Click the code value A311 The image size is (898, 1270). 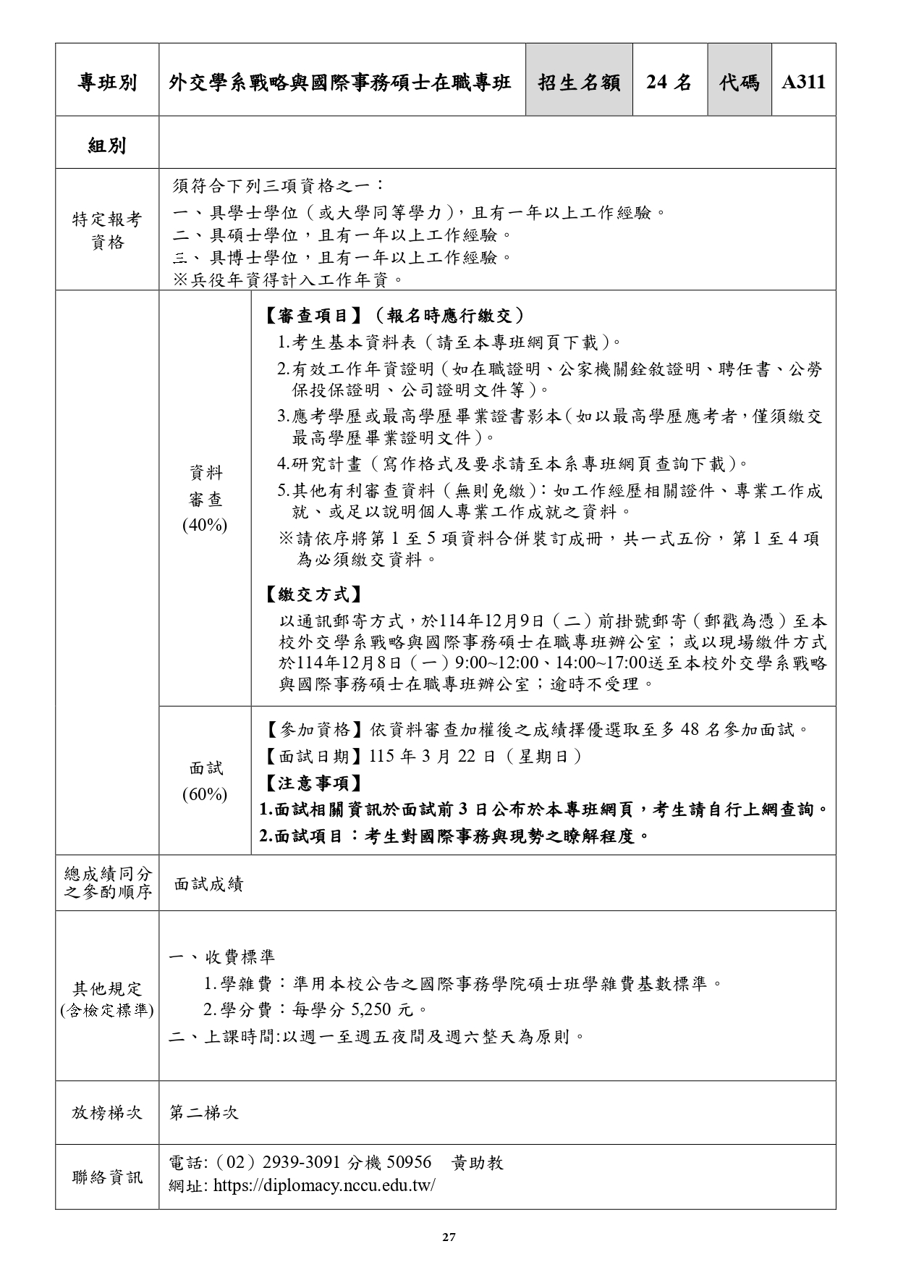(803, 83)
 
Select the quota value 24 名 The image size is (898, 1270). (669, 83)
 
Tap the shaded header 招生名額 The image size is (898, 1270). (579, 83)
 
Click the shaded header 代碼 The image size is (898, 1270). (739, 83)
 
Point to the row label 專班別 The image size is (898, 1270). (107, 83)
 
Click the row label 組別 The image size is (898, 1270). (107, 146)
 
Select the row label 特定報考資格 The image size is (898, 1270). (107, 230)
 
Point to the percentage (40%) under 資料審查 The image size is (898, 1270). (205, 525)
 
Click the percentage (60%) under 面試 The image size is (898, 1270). (205, 794)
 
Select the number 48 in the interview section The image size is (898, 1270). (690, 729)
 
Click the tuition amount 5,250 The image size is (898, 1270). (374, 1009)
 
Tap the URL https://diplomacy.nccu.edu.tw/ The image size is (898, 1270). (324, 1186)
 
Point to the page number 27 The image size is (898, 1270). (449, 1237)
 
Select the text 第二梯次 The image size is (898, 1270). (204, 1113)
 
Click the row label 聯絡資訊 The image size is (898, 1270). (107, 1177)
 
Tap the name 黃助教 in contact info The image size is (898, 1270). (478, 1163)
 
